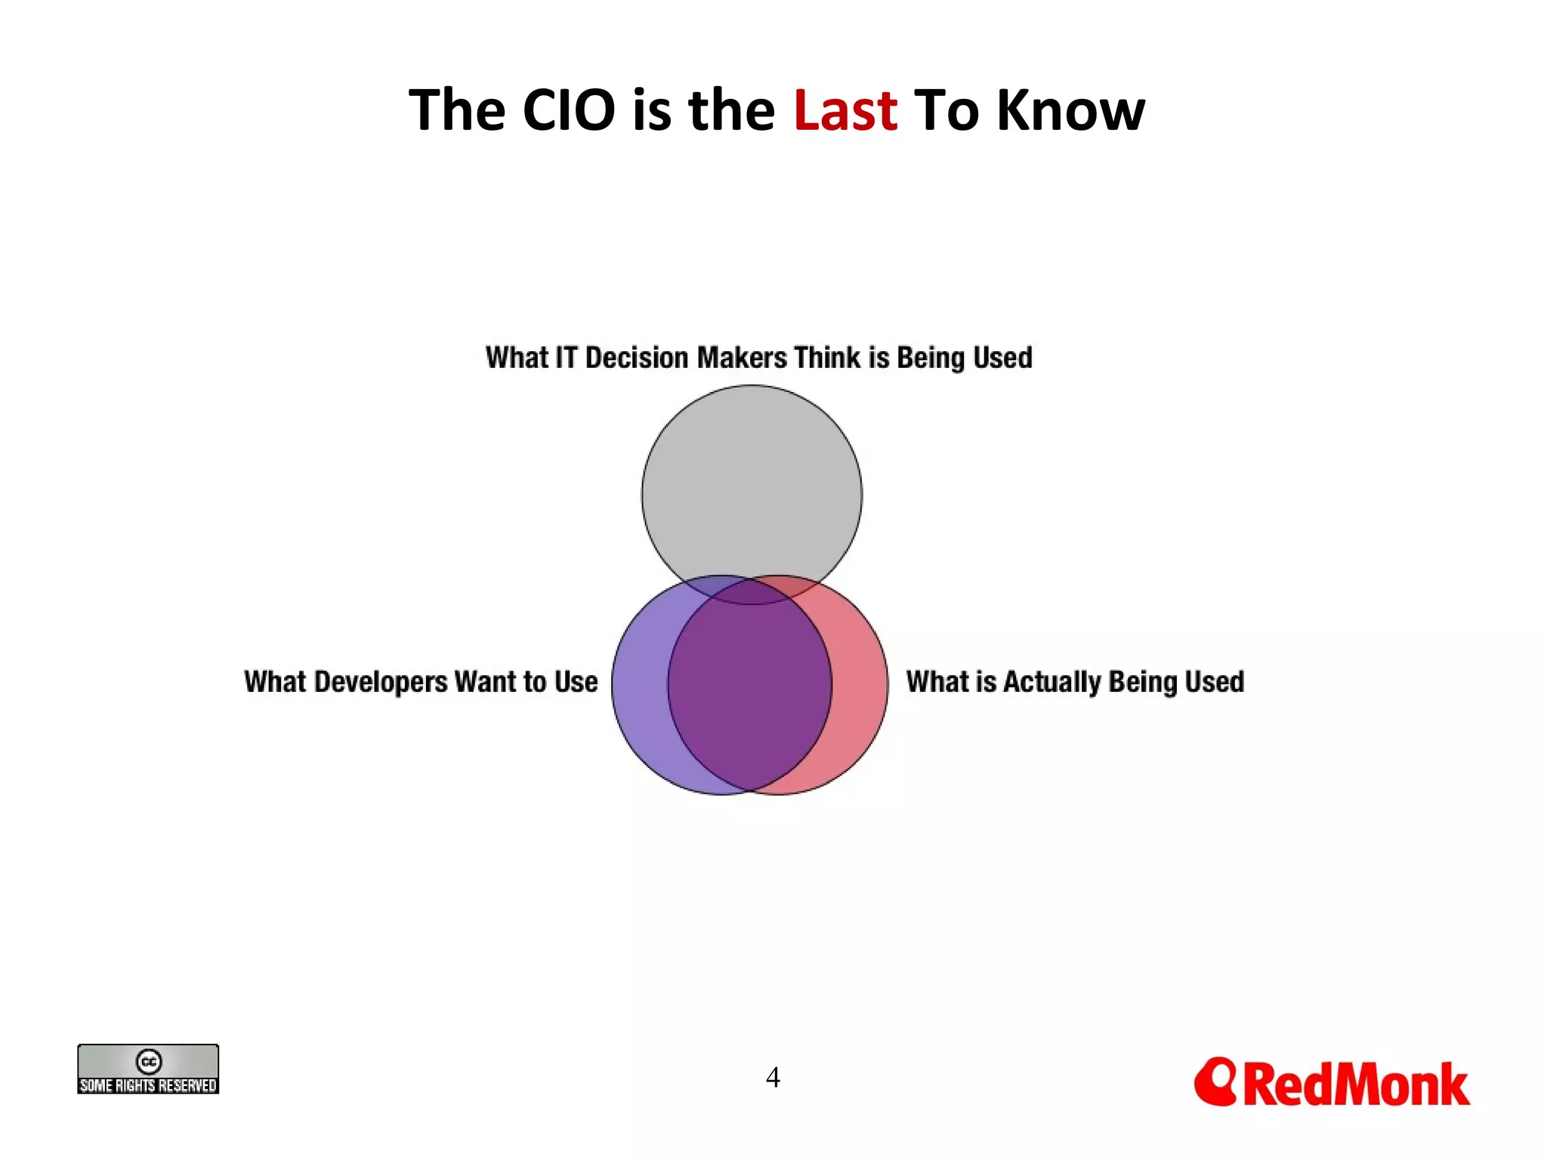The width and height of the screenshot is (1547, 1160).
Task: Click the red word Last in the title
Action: pyautogui.click(x=845, y=110)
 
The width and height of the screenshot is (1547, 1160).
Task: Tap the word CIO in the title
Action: pyautogui.click(x=568, y=110)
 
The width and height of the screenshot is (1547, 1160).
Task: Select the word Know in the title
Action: pyautogui.click(x=1070, y=110)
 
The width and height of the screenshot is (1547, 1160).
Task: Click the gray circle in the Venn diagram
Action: pyautogui.click(x=752, y=483)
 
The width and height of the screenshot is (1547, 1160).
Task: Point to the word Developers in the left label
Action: pyautogui.click(x=381, y=682)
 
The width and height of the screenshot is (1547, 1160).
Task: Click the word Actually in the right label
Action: pyautogui.click(x=1052, y=682)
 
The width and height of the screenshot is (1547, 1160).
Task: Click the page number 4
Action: pyautogui.click(x=772, y=1077)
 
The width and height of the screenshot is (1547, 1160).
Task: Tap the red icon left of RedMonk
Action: pyautogui.click(x=1215, y=1081)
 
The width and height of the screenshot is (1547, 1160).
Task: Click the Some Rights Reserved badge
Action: pyautogui.click(x=148, y=1069)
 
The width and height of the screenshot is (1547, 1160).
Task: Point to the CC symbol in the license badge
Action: pyautogui.click(x=149, y=1061)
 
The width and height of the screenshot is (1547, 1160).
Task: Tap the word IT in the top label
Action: pyautogui.click(x=566, y=357)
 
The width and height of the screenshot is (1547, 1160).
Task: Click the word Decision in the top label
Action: pyautogui.click(x=637, y=357)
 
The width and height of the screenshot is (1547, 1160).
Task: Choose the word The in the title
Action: pyautogui.click(x=456, y=110)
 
